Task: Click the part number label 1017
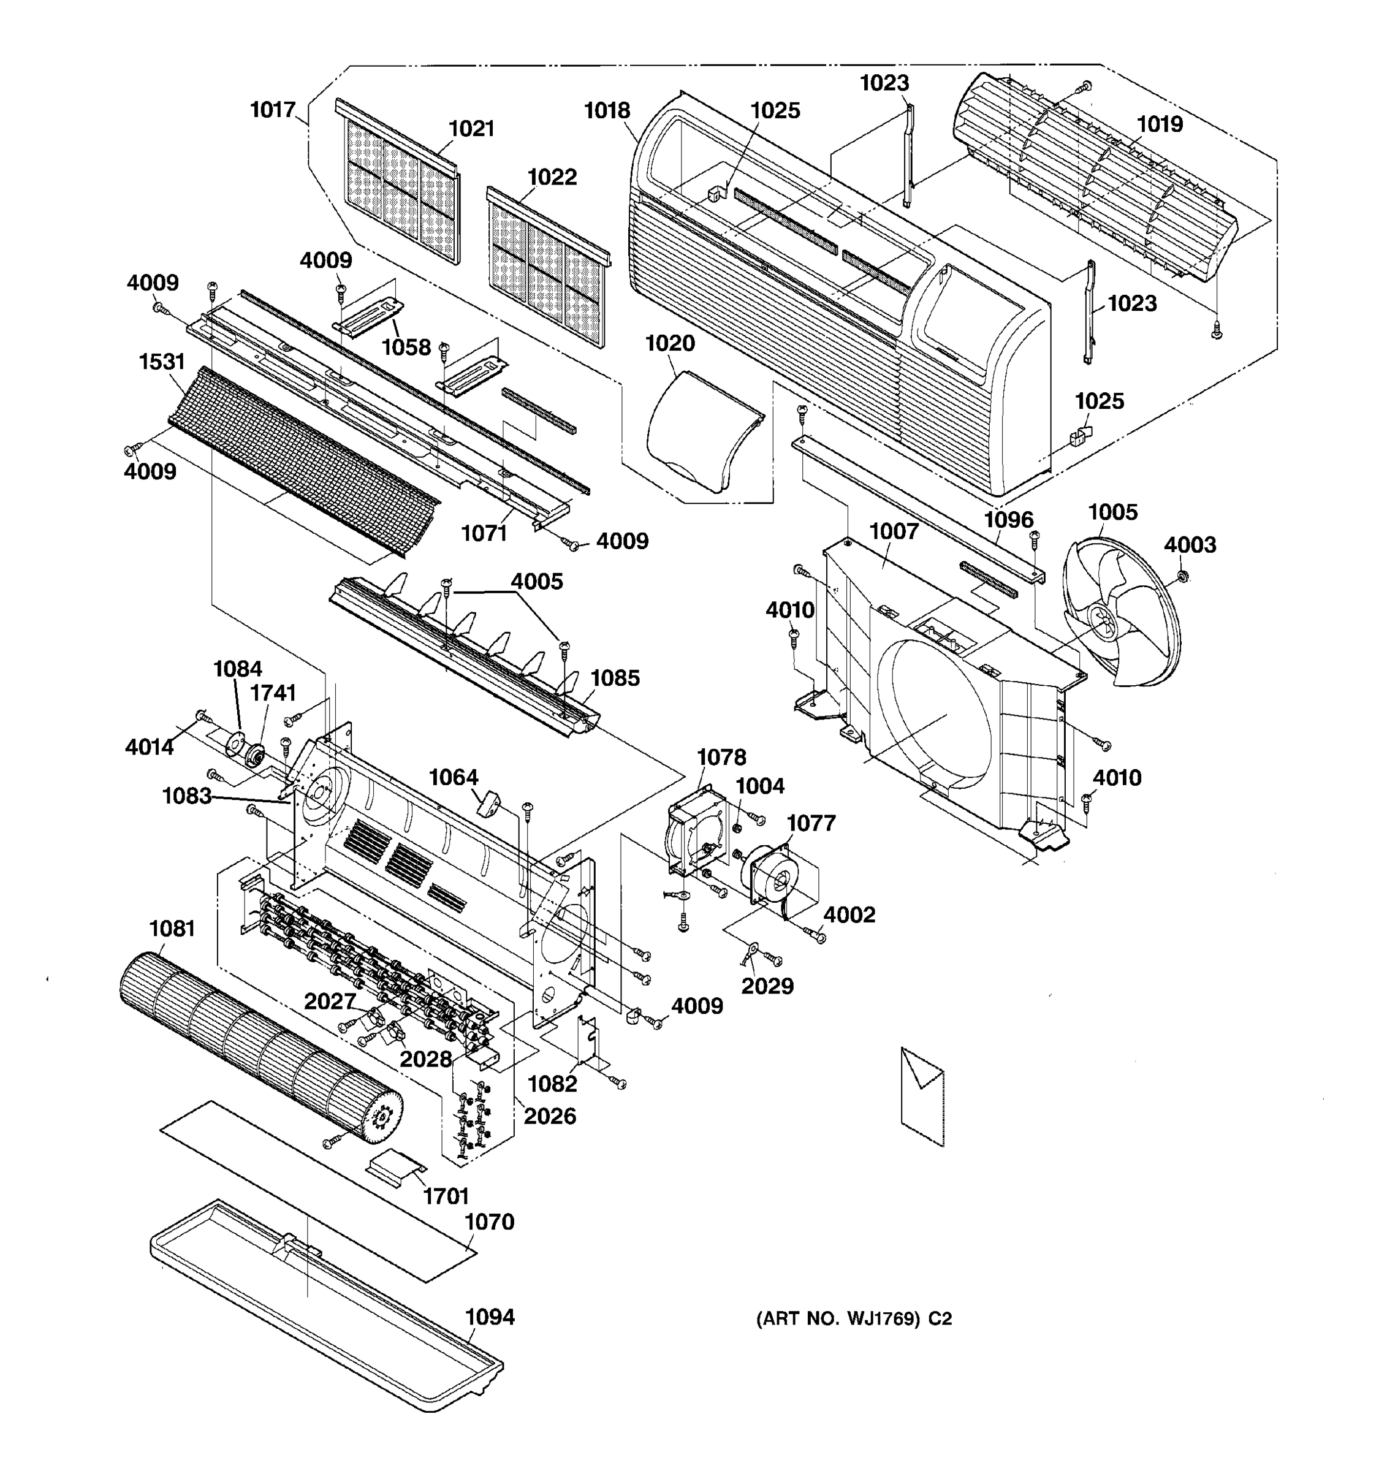click(272, 110)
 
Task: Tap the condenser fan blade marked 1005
click(1121, 614)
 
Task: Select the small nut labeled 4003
click(1182, 576)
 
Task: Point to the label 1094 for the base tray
click(489, 1317)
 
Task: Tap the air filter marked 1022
click(547, 267)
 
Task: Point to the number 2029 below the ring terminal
click(767, 986)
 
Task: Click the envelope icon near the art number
click(922, 1095)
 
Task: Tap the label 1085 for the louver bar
click(615, 678)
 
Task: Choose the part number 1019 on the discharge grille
click(1159, 124)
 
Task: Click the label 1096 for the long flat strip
click(1008, 519)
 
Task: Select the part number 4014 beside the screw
click(150, 747)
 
